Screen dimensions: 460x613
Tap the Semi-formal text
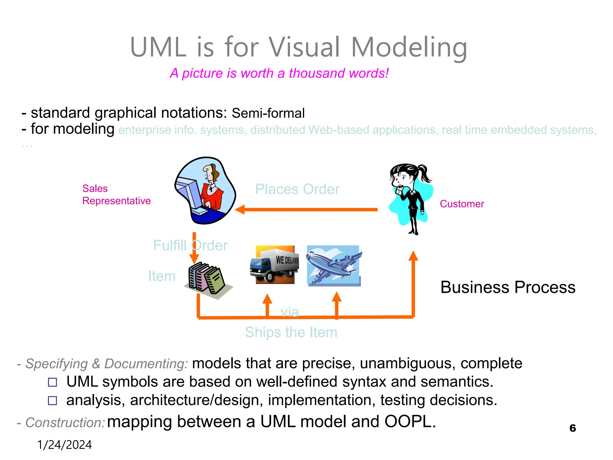(268, 114)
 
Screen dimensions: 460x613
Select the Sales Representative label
(116, 195)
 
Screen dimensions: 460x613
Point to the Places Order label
(297, 189)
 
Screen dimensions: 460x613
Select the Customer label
(462, 204)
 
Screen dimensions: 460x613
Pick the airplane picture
(333, 265)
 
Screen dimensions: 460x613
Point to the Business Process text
(508, 287)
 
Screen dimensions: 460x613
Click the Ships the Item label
(291, 332)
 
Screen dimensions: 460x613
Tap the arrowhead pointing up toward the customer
(413, 256)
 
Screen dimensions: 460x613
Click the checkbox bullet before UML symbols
(52, 382)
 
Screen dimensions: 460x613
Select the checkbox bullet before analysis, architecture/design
(52, 400)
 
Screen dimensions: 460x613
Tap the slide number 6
(572, 428)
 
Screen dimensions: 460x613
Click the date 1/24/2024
(64, 445)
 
